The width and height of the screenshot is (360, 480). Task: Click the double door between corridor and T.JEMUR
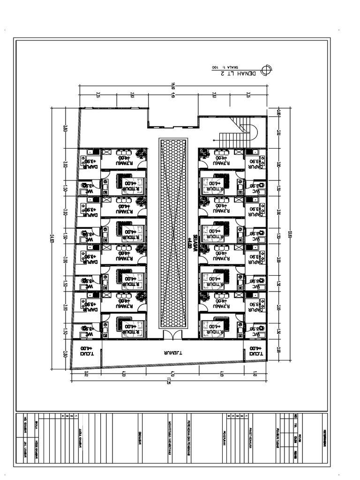click(172, 334)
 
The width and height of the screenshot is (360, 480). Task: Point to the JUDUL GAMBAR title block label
click(80, 440)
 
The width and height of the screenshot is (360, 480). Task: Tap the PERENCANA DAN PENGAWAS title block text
click(188, 440)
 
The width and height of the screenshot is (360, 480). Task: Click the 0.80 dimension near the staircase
click(278, 112)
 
